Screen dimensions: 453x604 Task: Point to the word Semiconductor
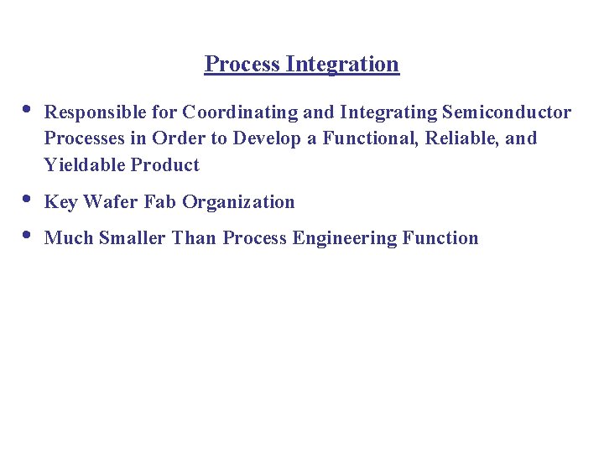tap(506, 112)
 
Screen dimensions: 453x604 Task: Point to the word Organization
tap(238, 202)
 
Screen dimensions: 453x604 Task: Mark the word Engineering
tap(345, 238)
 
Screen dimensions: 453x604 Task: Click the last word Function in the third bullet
tap(440, 238)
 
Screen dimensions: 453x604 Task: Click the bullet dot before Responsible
tap(27, 108)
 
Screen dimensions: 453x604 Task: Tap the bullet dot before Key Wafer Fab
tap(27, 198)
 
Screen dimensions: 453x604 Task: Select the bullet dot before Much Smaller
tap(27, 234)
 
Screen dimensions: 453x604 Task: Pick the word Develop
tap(268, 138)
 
